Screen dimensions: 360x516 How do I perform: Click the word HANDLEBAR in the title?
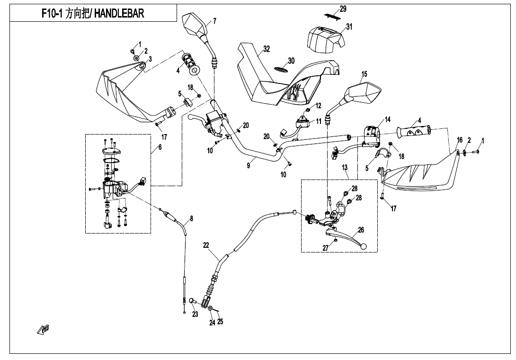[119, 14]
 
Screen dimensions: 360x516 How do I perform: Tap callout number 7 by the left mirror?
[214, 21]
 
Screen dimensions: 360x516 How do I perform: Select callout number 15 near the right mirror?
[364, 74]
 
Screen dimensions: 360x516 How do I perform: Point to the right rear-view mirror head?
[365, 93]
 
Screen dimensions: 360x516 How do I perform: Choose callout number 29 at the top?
[343, 9]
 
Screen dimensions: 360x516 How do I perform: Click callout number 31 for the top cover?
[349, 27]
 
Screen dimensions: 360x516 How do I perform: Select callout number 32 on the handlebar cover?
[267, 49]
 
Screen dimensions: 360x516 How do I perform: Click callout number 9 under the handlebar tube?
[248, 166]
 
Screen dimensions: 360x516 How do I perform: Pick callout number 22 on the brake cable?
[206, 245]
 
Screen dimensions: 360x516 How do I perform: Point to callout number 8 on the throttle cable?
[191, 218]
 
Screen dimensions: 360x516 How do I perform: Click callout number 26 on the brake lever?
[361, 230]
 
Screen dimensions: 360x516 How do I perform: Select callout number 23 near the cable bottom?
[195, 314]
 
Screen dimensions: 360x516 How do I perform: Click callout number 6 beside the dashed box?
[160, 147]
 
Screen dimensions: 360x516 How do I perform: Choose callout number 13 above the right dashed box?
[345, 168]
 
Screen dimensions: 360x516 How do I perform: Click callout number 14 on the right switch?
[388, 120]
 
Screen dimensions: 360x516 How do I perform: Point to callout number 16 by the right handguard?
[459, 140]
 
